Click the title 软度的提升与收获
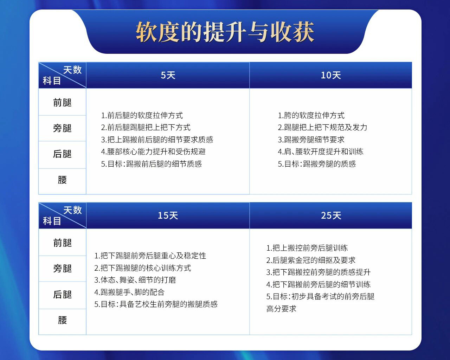(225, 32)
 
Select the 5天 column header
(168, 75)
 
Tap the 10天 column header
(330, 75)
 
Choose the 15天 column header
(168, 216)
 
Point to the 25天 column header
(330, 216)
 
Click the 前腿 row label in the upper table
(62, 103)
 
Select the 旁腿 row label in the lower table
(62, 269)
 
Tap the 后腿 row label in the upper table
(62, 154)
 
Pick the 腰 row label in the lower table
(62, 320)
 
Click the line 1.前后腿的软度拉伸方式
(142, 115)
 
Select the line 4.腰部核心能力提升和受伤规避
(153, 152)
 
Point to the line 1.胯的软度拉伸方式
(311, 115)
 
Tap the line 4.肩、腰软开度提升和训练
(321, 152)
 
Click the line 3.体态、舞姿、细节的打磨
(135, 280)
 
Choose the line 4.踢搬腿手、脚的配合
(129, 292)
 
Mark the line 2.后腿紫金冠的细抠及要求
(311, 260)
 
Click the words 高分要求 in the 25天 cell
(281, 309)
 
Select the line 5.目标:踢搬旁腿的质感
(317, 164)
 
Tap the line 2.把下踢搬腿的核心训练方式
(143, 268)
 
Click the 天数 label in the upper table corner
(72, 70)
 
